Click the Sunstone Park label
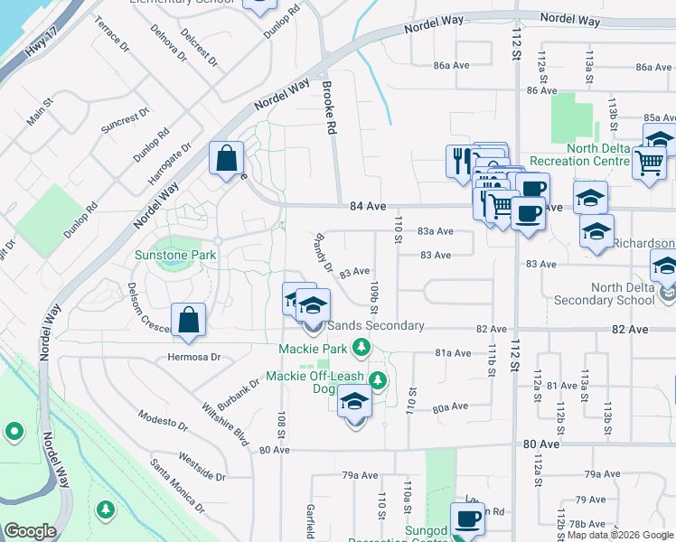coord(175,256)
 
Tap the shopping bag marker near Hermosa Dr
coord(188,321)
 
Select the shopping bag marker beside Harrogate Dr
coord(225,159)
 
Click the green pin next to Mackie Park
coord(361,347)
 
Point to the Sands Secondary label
coord(376,325)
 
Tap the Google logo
coord(30,531)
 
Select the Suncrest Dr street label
coord(125,121)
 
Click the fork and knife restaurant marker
coord(459,160)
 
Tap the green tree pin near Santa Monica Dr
coord(106,511)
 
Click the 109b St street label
coord(373,297)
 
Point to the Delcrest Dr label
coord(198,47)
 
